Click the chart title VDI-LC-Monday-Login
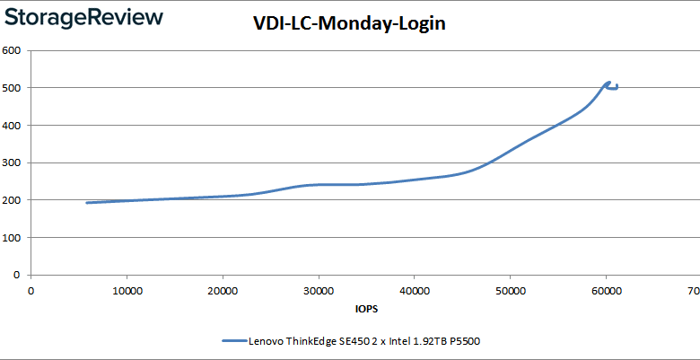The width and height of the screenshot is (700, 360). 349,25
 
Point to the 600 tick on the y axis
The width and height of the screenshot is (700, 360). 13,50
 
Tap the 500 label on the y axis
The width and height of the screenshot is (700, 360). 13,88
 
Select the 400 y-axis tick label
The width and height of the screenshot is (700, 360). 13,126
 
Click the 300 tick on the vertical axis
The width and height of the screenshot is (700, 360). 13,163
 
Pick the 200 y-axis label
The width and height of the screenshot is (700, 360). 13,200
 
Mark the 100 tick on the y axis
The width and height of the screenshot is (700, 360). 13,238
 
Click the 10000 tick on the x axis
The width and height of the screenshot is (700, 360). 127,291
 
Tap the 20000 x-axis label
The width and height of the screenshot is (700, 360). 223,291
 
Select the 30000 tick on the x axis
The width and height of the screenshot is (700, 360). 319,291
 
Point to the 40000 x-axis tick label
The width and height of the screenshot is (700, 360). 415,291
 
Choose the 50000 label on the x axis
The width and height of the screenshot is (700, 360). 511,291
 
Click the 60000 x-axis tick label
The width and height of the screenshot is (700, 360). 607,291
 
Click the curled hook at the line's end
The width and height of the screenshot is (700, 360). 613,86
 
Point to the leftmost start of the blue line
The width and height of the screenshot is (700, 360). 87,203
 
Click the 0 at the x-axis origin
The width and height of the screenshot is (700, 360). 31,291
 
